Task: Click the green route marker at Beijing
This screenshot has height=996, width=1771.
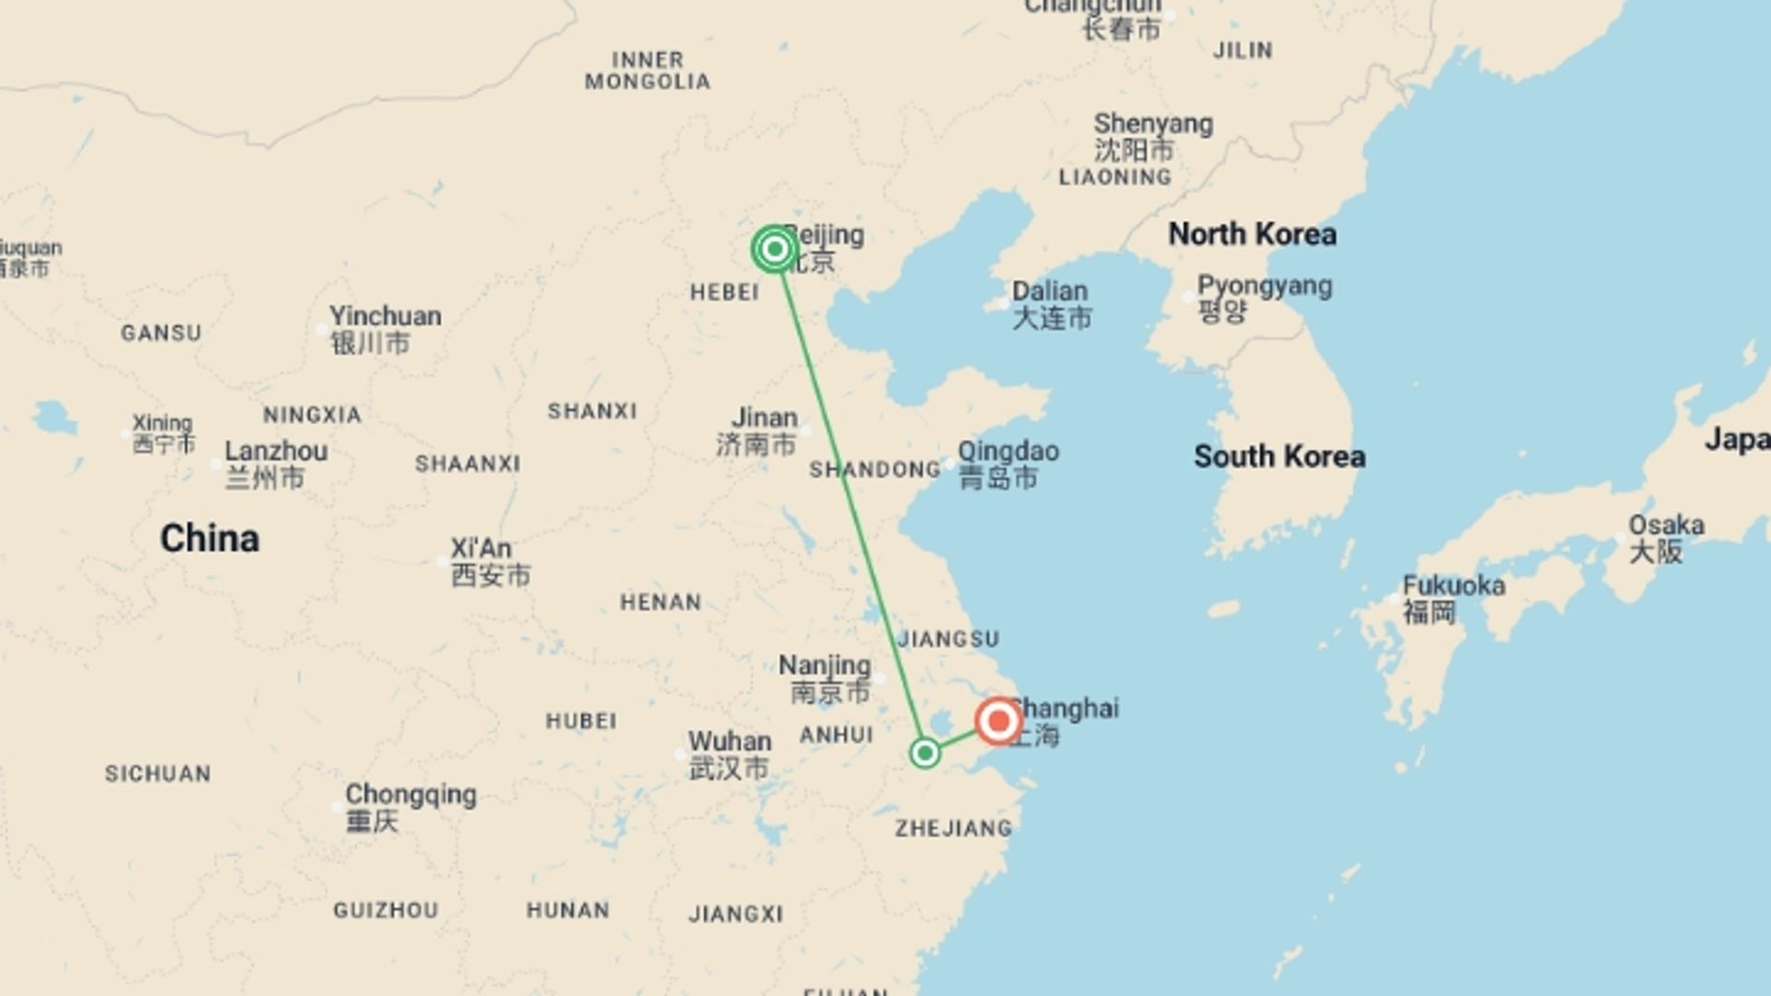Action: click(774, 249)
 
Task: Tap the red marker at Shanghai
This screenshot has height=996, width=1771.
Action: click(998, 721)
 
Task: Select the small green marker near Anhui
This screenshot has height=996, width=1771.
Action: click(924, 753)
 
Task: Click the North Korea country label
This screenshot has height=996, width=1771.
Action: click(1252, 234)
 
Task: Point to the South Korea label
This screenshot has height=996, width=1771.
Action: click(1279, 456)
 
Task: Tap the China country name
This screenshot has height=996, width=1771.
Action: click(209, 539)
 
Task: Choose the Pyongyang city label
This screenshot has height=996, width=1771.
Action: click(1264, 287)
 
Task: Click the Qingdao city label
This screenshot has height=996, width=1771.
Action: click(1007, 452)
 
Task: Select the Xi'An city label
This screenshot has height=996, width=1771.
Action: click(481, 549)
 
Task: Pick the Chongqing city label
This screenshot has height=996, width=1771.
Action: click(410, 795)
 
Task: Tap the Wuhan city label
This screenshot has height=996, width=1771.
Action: click(729, 741)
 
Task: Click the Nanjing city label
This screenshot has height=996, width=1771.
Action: click(825, 665)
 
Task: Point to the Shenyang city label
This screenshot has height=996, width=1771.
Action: click(1153, 124)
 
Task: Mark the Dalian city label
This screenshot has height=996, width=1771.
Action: click(1050, 291)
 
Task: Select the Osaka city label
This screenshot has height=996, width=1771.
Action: click(1666, 526)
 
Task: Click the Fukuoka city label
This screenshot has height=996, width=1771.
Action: click(1454, 586)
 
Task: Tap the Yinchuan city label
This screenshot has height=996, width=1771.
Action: click(385, 316)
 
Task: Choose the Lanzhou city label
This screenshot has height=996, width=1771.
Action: click(276, 452)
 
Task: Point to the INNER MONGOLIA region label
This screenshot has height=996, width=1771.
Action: click(648, 71)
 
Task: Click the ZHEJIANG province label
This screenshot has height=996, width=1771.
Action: click(953, 828)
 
